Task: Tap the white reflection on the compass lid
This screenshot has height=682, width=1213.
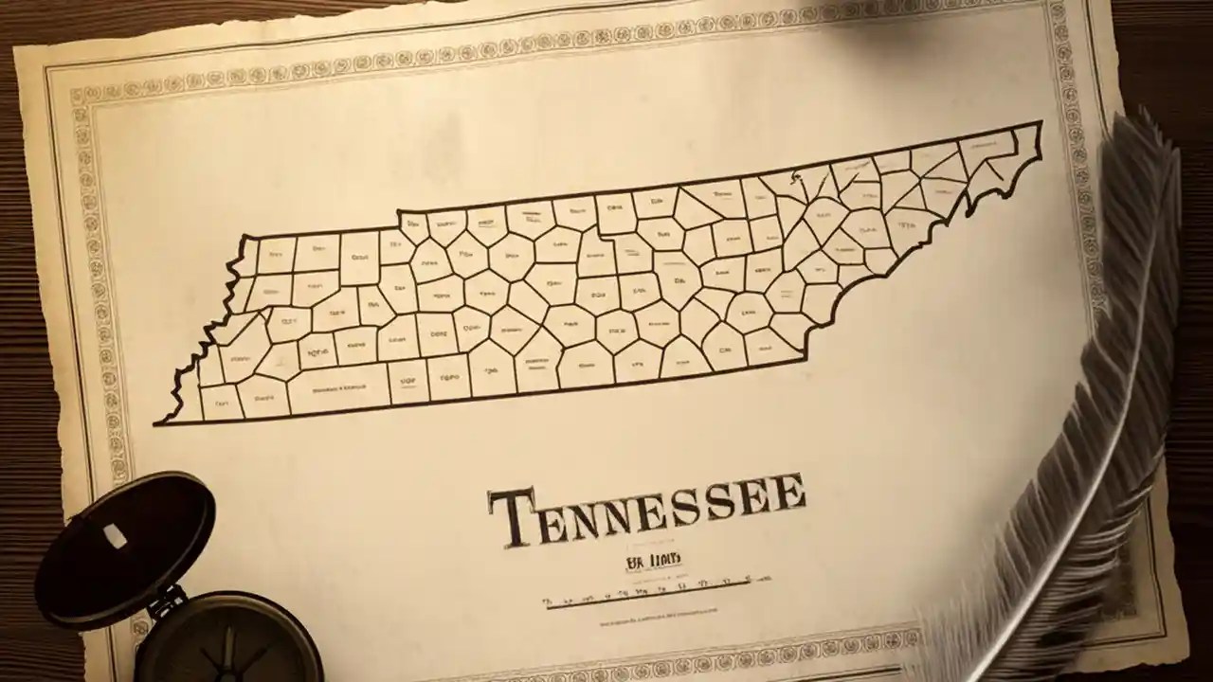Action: point(114,536)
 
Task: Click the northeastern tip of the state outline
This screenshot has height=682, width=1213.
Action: point(1041,123)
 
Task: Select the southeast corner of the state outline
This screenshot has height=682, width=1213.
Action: point(804,359)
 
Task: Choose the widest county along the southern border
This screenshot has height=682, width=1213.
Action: point(338,388)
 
